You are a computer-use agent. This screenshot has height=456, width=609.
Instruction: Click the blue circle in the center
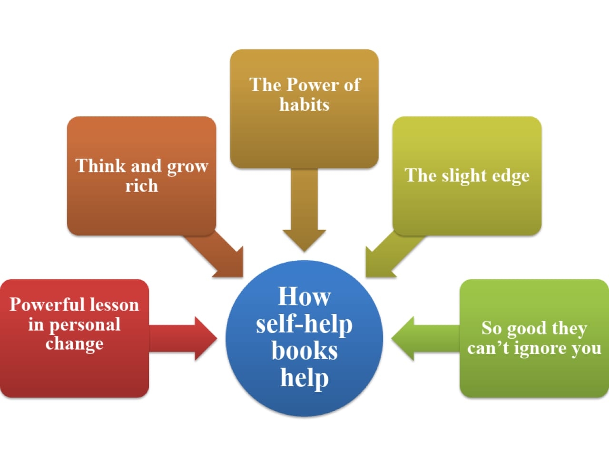[304, 338]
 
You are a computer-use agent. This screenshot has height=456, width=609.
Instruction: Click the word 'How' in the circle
[304, 296]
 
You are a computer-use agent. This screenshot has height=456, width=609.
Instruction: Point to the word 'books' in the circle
[304, 351]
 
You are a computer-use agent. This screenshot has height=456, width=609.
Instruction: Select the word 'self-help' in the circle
[304, 324]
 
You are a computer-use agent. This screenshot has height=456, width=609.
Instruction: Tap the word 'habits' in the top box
[304, 104]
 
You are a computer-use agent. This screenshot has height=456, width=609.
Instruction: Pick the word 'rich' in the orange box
[141, 186]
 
